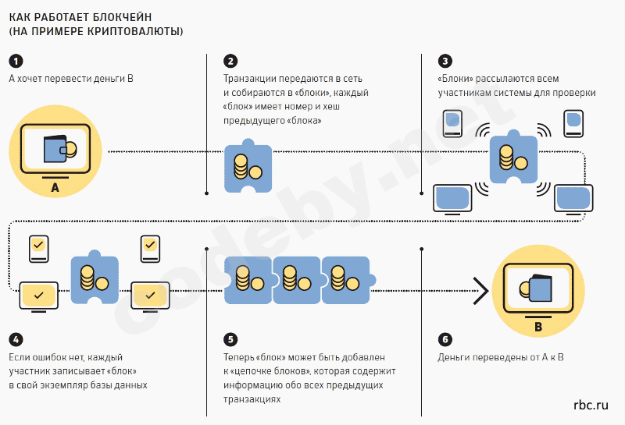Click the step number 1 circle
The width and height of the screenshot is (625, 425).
[16, 62]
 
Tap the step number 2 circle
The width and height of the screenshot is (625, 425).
[230, 62]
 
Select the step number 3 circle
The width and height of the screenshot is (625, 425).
[445, 62]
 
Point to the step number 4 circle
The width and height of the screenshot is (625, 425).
[16, 339]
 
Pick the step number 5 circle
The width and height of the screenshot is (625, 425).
[230, 339]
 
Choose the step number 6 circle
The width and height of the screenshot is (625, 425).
[445, 339]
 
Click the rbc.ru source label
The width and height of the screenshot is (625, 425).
[590, 405]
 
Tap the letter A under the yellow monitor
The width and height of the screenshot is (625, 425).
[55, 188]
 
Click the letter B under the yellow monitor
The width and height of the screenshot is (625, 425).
[537, 327]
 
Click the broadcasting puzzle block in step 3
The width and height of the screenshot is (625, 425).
[513, 156]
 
